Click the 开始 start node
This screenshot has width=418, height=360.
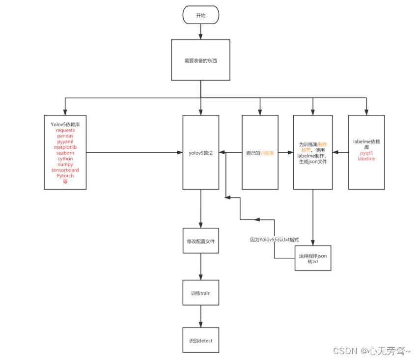pos(200,15)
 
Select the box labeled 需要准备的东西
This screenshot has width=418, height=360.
pos(200,60)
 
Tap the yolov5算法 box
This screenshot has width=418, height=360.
pos(200,153)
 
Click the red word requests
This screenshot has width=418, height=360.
pos(65,130)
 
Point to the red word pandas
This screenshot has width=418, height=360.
pos(65,136)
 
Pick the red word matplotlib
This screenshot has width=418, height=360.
pos(65,147)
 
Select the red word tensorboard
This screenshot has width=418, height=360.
pos(65,170)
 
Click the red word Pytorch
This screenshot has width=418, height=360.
pos(65,176)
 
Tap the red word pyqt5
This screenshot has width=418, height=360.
pos(366,153)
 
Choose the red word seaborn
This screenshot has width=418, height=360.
pos(65,153)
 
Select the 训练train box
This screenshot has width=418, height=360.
pos(200,293)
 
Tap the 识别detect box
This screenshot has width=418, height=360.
pos(200,340)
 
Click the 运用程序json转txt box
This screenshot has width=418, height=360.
pos(313,258)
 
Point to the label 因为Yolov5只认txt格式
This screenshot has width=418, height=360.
pos(275,240)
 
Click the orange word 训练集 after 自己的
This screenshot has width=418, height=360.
pos(268,153)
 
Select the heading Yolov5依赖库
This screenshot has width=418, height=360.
pos(65,124)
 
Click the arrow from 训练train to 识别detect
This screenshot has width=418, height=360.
pos(200,317)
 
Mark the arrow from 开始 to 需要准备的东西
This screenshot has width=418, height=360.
pos(200,32)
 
